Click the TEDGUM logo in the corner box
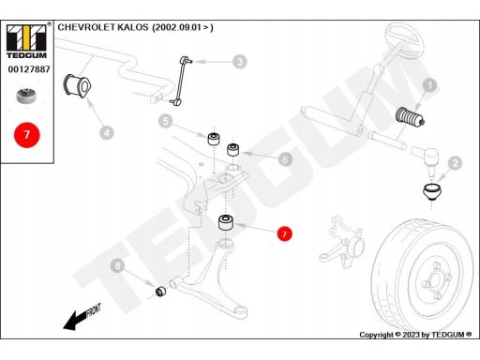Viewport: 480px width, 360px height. pyautogui.click(x=26, y=41)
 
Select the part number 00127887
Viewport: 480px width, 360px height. pyautogui.click(x=29, y=69)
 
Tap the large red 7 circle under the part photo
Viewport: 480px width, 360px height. pyautogui.click(x=27, y=135)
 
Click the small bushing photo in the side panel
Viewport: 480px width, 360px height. pyautogui.click(x=26, y=96)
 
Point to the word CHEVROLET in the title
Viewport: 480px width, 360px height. pyautogui.click(x=86, y=27)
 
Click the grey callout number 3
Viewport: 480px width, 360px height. pyautogui.click(x=240, y=62)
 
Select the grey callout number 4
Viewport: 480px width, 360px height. pyautogui.click(x=107, y=133)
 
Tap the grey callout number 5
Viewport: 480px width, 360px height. pyautogui.click(x=165, y=121)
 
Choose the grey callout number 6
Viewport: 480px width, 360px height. pyautogui.click(x=285, y=159)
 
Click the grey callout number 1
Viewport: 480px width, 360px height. pyautogui.click(x=429, y=85)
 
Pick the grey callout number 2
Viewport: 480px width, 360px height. pyautogui.click(x=455, y=163)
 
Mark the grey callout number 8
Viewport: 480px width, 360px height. pyautogui.click(x=117, y=266)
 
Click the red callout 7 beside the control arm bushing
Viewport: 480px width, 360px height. pyautogui.click(x=284, y=233)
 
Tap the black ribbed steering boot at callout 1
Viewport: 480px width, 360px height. pyautogui.click(x=410, y=117)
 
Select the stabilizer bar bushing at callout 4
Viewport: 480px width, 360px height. pyautogui.click(x=77, y=85)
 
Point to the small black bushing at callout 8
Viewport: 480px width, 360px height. pyautogui.click(x=160, y=292)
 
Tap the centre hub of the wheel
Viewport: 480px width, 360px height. pyautogui.click(x=435, y=278)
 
